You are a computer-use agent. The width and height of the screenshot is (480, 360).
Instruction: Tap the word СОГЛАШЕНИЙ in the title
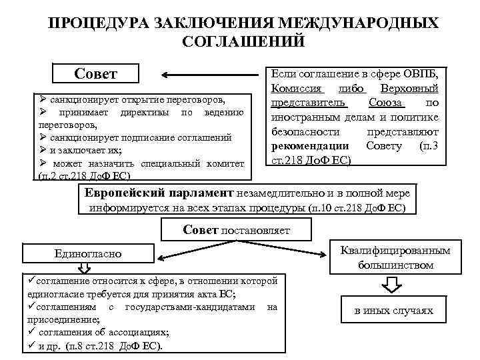243,41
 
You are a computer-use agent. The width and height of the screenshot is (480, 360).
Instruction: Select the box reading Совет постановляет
237,230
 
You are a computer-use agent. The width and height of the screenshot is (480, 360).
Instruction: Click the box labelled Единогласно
89,253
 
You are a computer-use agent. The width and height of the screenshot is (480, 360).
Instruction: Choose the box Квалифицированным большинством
395,257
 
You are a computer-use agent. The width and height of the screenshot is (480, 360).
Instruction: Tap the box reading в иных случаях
393,311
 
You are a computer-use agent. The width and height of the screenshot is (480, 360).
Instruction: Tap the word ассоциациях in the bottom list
143,333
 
